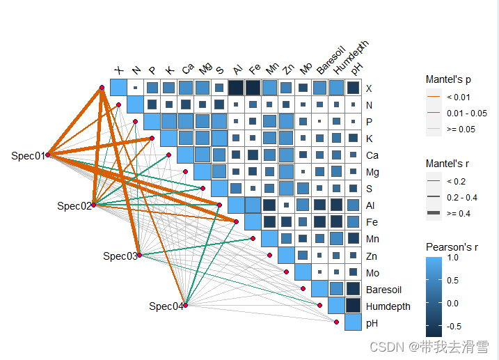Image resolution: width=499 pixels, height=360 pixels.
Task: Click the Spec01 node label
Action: point(28,155)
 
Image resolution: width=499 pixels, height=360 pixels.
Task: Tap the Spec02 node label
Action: point(74,205)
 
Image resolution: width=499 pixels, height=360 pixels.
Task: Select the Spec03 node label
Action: point(120,256)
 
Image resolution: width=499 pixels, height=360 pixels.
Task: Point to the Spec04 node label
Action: point(166,306)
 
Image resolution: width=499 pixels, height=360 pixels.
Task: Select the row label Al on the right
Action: point(370,205)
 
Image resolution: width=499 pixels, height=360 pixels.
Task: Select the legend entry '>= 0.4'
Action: point(459,213)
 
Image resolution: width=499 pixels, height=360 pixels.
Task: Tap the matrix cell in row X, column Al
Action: point(236,88)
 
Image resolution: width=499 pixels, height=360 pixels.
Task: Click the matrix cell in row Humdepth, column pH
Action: point(353,306)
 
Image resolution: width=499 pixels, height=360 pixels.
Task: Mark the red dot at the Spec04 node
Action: point(185,305)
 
